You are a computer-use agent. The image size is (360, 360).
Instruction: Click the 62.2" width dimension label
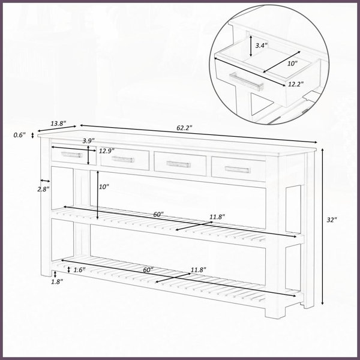[x=184, y=128]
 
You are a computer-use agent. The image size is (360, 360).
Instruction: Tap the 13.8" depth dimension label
[x=58, y=124]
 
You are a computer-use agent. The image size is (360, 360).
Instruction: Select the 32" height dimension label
[x=332, y=220]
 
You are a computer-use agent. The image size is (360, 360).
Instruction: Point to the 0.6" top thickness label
[x=20, y=135]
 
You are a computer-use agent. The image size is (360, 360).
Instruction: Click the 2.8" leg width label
[x=44, y=189]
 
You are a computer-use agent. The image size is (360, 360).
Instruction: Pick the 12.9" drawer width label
[x=107, y=151]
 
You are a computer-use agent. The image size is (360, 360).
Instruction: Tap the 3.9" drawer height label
[x=89, y=141]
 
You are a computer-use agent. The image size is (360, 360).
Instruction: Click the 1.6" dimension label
[x=79, y=270]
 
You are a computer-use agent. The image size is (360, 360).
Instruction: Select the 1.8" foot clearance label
[x=57, y=282]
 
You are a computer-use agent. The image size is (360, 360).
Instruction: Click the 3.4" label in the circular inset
[x=262, y=46]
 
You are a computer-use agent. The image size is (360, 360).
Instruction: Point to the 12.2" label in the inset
[x=296, y=84]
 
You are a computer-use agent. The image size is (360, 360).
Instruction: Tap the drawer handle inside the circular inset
[x=247, y=82]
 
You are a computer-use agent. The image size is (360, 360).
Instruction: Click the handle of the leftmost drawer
[x=71, y=155]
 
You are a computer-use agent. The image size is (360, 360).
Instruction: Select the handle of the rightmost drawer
[x=238, y=170]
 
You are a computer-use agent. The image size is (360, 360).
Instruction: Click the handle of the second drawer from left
[x=122, y=159]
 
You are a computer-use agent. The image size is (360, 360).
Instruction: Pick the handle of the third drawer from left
[x=179, y=164]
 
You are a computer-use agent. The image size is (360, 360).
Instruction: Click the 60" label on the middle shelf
[x=158, y=214]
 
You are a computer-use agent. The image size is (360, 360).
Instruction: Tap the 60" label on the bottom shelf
[x=148, y=270]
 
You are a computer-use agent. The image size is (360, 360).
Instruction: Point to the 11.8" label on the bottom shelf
[x=199, y=270]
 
